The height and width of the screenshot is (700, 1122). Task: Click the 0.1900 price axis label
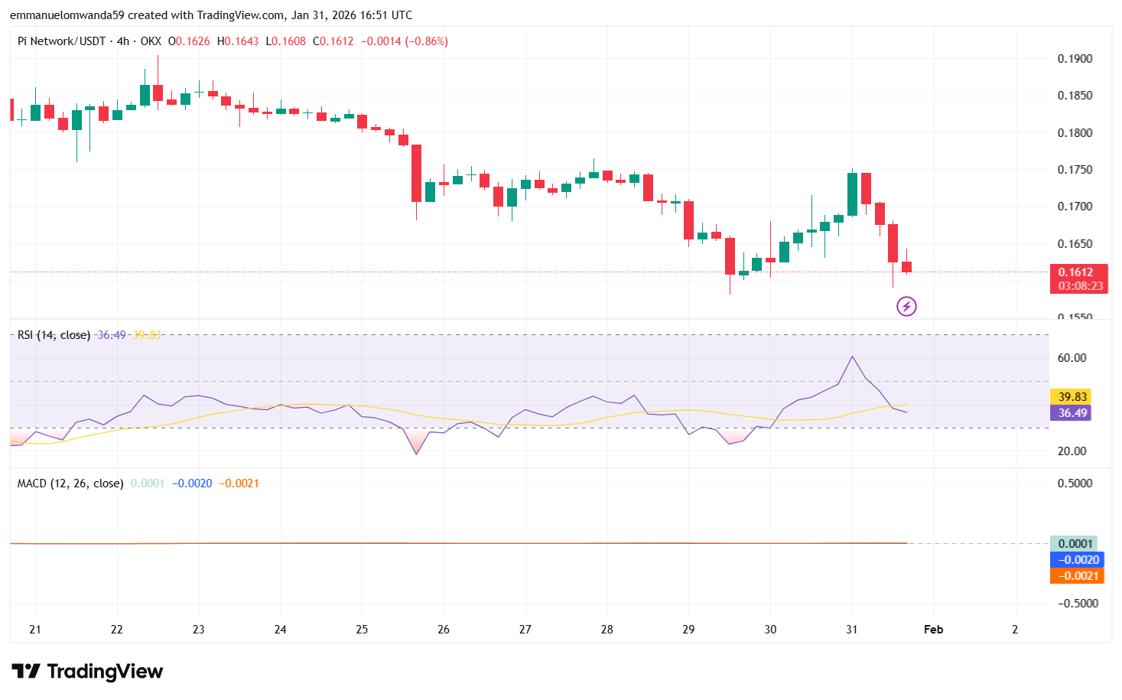tap(1075, 59)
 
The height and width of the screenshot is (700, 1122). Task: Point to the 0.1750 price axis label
tap(1075, 170)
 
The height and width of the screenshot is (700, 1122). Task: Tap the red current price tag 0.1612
tap(1076, 272)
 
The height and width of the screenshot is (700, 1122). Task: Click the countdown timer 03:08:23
tap(1081, 286)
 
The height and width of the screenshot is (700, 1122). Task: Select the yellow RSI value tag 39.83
tap(1072, 397)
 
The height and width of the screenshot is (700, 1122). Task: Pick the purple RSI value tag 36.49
tap(1072, 413)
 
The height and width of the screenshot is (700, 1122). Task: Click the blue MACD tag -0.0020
tap(1078, 560)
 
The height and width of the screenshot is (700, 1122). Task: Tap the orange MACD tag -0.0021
tap(1078, 576)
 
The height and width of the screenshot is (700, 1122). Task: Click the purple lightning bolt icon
tap(906, 307)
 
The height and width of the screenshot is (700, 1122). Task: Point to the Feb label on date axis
tap(933, 630)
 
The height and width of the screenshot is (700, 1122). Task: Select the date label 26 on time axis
tap(444, 630)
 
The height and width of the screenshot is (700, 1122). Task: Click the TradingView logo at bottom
tap(88, 672)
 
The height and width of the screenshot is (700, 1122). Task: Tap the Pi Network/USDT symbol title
tap(61, 41)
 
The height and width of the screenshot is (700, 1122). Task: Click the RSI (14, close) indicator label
tap(54, 335)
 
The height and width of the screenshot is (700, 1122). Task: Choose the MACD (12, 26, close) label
tap(70, 483)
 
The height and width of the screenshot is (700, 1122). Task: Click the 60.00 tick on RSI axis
tap(1072, 358)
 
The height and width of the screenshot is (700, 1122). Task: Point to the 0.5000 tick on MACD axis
tap(1075, 483)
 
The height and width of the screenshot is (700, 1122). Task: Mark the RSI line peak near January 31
tap(852, 357)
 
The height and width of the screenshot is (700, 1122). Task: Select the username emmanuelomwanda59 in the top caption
tap(67, 15)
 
